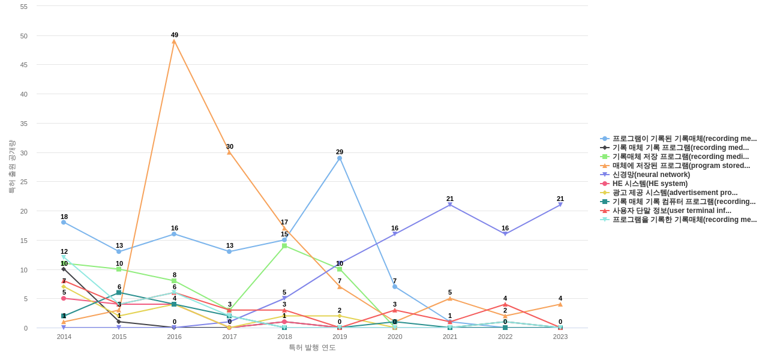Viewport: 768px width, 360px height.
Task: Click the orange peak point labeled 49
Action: pyautogui.click(x=174, y=41)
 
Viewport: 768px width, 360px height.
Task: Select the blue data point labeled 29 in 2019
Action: pyautogui.click(x=340, y=158)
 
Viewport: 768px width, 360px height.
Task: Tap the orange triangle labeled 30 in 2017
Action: pyautogui.click(x=229, y=152)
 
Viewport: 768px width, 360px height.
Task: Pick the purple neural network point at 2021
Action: pyautogui.click(x=450, y=205)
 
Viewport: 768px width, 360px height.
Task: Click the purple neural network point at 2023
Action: pyautogui.click(x=560, y=205)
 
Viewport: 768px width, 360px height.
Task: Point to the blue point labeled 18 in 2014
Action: pyautogui.click(x=64, y=223)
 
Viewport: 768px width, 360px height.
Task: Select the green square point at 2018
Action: pyautogui.click(x=284, y=246)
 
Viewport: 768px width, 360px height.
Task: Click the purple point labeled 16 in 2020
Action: pyautogui.click(x=395, y=234)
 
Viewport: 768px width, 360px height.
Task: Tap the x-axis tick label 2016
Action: pyautogui.click(x=175, y=337)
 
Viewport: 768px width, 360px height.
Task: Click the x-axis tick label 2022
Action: pyautogui.click(x=505, y=337)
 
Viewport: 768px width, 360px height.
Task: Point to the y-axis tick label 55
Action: pyautogui.click(x=24, y=7)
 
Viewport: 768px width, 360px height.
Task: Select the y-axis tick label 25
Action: pyautogui.click(x=24, y=182)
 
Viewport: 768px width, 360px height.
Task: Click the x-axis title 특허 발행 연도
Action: pyautogui.click(x=312, y=347)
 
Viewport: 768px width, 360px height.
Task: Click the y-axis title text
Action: pyautogui.click(x=11, y=167)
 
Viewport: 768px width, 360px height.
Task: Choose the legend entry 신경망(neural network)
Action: pyautogui.click(x=651, y=175)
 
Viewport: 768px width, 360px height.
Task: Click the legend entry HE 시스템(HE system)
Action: pyautogui.click(x=650, y=184)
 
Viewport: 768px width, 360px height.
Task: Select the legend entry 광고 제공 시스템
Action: pyautogui.click(x=674, y=193)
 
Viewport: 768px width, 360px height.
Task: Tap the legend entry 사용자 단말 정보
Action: pyautogui.click(x=671, y=211)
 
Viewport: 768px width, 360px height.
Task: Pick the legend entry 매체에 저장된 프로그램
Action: pyautogui.click(x=680, y=166)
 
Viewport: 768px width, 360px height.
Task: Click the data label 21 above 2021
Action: pyautogui.click(x=450, y=199)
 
